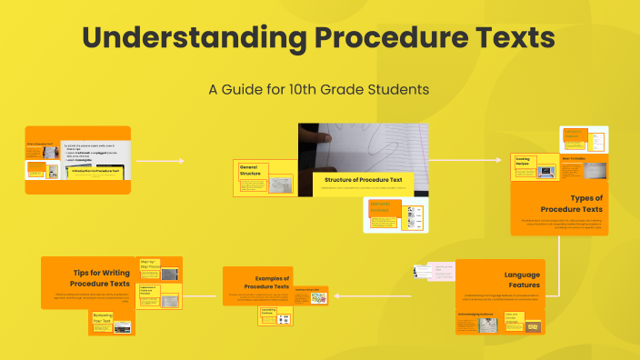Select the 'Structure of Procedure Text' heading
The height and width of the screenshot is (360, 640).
[x=363, y=180]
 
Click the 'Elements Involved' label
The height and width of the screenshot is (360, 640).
[x=380, y=208]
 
